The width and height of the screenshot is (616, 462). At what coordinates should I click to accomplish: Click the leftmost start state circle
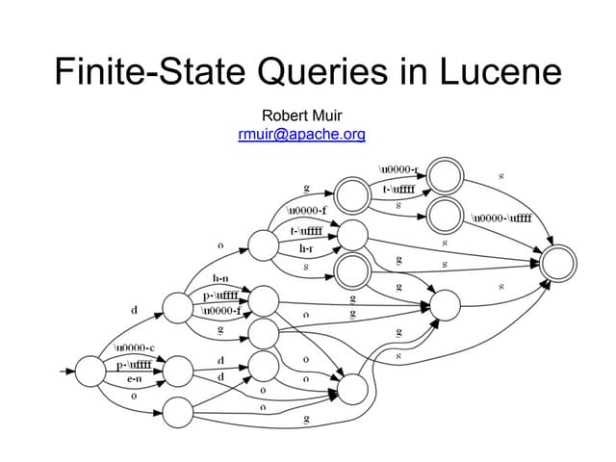click(x=89, y=370)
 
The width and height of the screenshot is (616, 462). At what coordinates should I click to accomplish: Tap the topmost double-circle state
click(x=445, y=175)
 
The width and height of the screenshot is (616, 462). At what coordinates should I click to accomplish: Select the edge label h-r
click(x=307, y=249)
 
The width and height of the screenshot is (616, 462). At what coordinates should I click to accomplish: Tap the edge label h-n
click(x=220, y=278)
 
